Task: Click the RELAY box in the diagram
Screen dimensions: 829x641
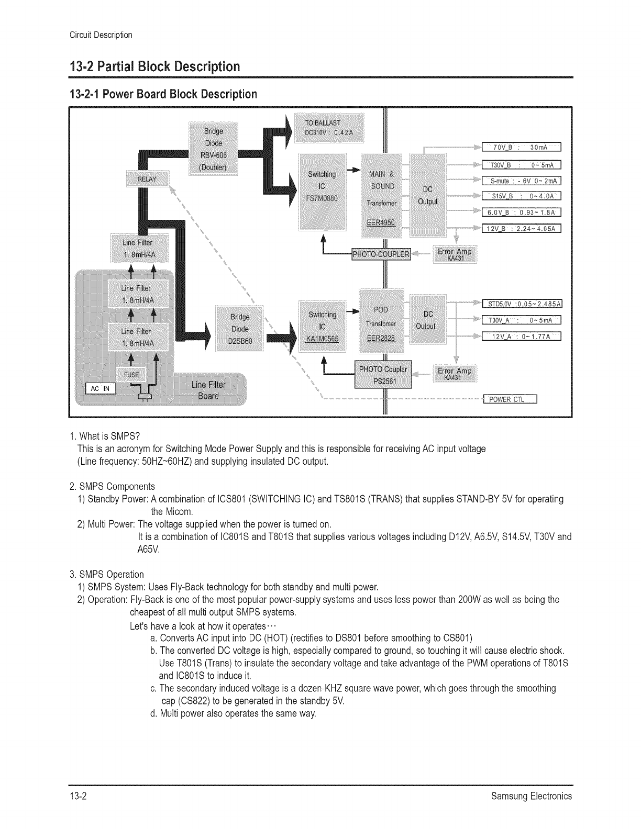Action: coord(147,179)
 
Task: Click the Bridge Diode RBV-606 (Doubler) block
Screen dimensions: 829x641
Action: coord(213,149)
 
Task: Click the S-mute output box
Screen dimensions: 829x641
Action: coord(521,181)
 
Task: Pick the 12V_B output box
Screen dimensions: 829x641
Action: coord(521,228)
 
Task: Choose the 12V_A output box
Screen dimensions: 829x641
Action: coord(521,336)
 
